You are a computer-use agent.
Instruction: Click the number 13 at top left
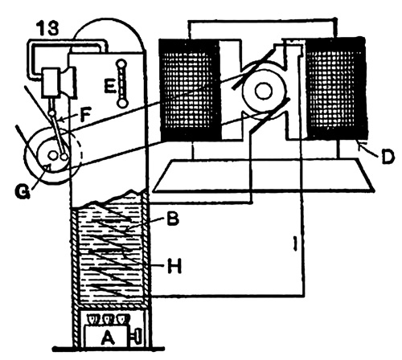[48, 28]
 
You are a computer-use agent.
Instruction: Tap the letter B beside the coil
[171, 219]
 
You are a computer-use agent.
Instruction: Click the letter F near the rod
[85, 115]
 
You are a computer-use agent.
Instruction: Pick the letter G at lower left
[23, 192]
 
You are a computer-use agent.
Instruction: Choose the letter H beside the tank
[174, 266]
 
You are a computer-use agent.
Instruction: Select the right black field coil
[335, 88]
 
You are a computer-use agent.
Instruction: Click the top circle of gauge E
[121, 64]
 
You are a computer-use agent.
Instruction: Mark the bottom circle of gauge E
[122, 103]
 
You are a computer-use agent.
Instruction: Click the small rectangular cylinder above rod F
[51, 82]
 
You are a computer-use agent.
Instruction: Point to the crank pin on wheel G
[64, 157]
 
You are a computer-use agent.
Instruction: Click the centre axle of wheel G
[52, 154]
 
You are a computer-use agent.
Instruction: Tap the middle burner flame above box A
[109, 319]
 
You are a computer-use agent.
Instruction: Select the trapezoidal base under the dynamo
[263, 176]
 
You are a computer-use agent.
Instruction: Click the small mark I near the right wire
[295, 243]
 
